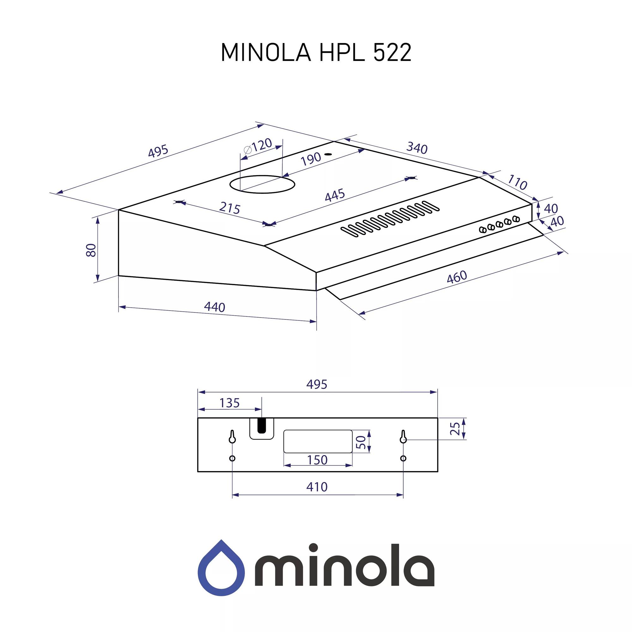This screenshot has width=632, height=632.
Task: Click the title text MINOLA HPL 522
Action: (316, 52)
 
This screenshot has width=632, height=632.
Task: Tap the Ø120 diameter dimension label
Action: (258, 146)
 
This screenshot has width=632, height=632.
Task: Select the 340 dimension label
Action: (417, 148)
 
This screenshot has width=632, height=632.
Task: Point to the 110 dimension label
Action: (517, 183)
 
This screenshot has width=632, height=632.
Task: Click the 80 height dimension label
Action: (92, 250)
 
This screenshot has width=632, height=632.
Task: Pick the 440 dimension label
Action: (214, 307)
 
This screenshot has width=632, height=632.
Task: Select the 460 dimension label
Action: (457, 277)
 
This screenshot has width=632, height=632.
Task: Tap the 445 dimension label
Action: (335, 195)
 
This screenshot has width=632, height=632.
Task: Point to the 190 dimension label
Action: (310, 159)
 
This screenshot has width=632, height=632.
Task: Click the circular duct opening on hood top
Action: (262, 185)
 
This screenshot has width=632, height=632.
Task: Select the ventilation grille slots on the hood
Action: (389, 219)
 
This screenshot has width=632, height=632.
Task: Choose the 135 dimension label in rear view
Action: (229, 403)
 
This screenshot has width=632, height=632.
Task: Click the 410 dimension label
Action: (317, 487)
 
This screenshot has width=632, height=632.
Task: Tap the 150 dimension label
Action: (317, 460)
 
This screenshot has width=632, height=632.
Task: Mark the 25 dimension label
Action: (455, 428)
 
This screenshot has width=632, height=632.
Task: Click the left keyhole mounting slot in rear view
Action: (232, 436)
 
